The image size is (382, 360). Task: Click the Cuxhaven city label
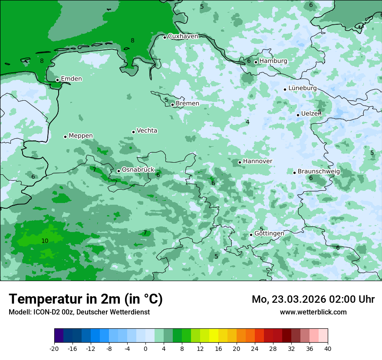click(183, 36)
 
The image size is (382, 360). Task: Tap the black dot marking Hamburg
click(256, 62)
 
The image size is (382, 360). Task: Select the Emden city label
click(71, 79)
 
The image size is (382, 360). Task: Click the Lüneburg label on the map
click(302, 88)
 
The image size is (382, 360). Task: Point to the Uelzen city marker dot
click(298, 115)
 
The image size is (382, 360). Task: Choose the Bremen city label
click(188, 104)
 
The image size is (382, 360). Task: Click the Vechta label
click(147, 131)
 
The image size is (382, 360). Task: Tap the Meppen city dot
click(65, 137)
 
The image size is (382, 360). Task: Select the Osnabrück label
click(138, 170)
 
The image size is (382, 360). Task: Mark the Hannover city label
click(257, 161)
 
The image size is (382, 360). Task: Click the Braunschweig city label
click(318, 172)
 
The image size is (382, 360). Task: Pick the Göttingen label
click(269, 234)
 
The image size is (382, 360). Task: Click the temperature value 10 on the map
click(45, 241)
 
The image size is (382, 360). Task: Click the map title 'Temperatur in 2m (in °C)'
click(86, 299)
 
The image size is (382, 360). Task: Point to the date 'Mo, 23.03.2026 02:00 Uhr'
click(313, 299)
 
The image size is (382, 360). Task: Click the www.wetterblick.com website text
click(313, 312)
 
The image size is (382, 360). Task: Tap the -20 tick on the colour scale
click(54, 349)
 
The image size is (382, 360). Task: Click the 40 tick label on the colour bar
click(328, 349)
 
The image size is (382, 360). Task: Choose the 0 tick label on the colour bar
click(145, 349)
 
